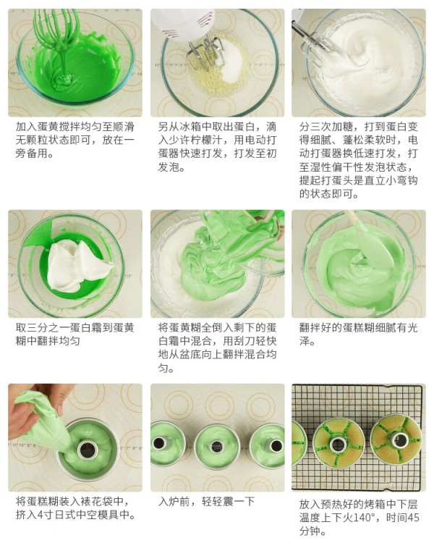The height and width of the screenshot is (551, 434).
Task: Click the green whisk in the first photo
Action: (60, 42)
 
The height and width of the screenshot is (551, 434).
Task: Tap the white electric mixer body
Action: (184, 24)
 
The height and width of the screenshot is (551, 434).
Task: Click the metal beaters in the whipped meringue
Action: (313, 46)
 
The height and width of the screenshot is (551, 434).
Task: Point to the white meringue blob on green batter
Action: (78, 265)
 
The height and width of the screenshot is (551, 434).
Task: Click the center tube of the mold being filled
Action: (88, 449)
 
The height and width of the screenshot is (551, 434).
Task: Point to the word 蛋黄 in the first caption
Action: (48, 127)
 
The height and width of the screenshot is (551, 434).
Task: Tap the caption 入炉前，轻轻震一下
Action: (206, 502)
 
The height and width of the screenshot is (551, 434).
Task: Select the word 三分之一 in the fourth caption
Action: (48, 328)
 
